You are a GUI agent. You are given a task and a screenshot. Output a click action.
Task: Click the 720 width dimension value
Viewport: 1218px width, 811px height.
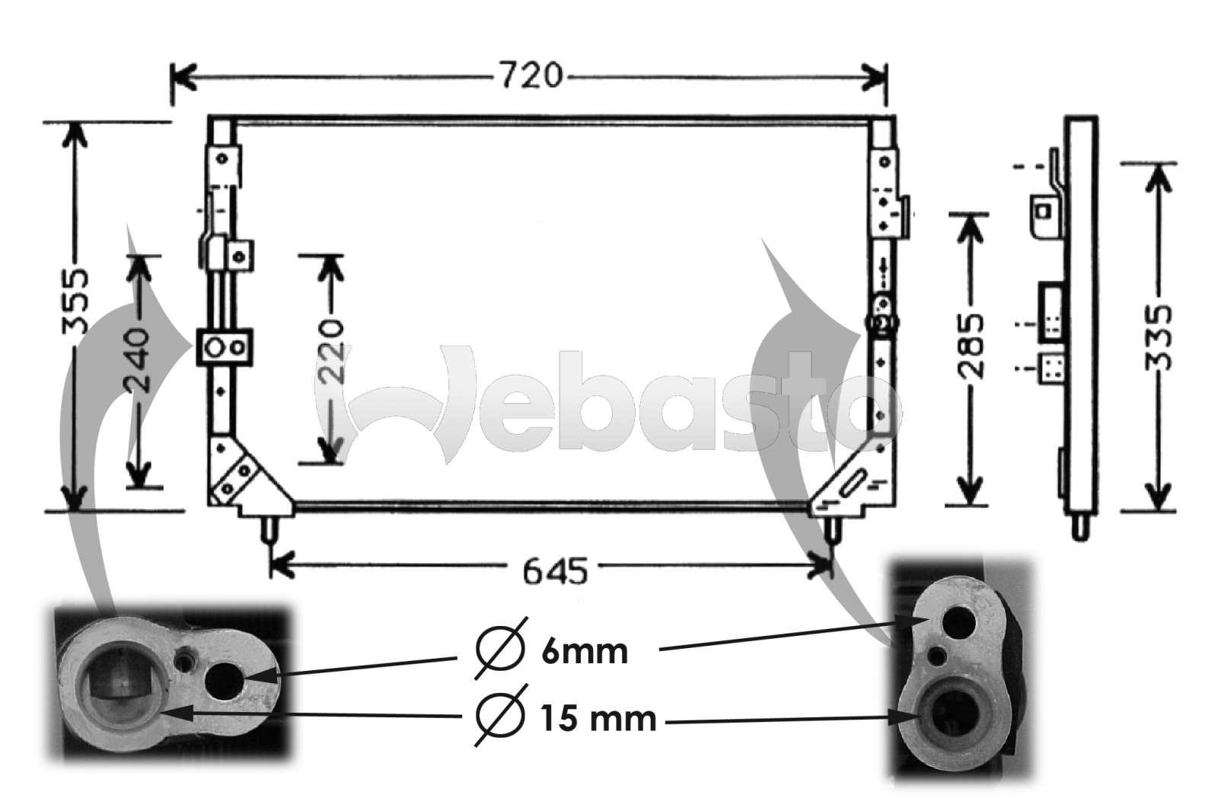531,75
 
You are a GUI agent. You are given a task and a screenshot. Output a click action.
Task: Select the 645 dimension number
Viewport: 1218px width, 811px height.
556,570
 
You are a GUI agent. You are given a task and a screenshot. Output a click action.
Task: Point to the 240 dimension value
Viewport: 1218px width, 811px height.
138,359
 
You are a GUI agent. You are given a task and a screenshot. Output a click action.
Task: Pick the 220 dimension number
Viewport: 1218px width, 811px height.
330,350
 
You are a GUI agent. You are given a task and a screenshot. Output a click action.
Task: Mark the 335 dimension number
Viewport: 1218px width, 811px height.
1158,337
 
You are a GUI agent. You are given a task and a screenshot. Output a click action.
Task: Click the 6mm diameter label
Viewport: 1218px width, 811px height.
585,653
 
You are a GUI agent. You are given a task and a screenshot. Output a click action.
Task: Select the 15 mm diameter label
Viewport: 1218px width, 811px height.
598,717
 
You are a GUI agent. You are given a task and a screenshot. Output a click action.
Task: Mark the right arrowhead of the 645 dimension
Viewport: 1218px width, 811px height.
824,565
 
